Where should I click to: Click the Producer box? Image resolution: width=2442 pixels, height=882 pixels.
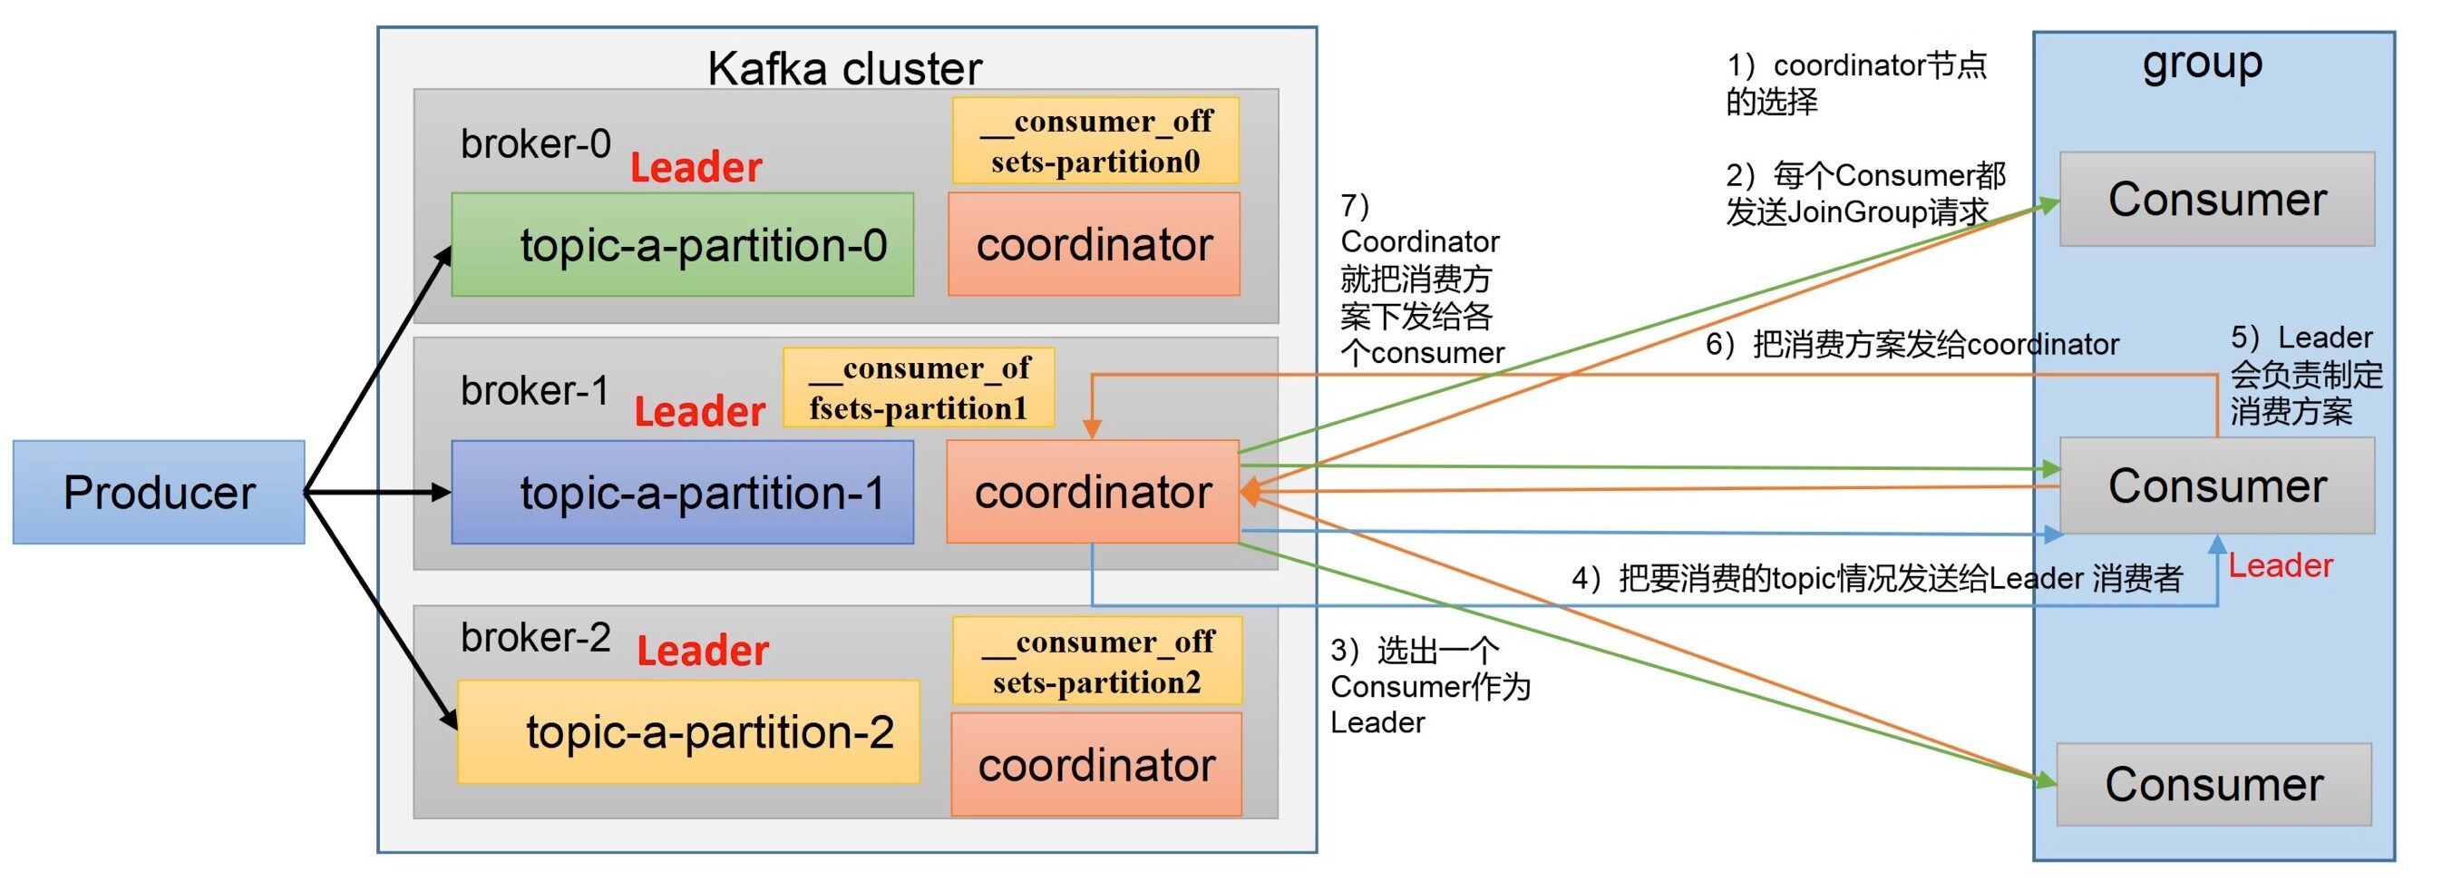pyautogui.click(x=159, y=491)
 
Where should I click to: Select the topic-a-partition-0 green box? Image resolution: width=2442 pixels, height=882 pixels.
pyautogui.click(x=683, y=245)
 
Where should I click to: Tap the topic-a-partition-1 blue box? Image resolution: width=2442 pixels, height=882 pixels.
pyautogui.click(x=683, y=491)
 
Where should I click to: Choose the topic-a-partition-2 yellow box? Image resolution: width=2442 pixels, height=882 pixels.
pyautogui.click(x=688, y=731)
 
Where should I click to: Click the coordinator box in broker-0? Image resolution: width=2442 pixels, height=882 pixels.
pyautogui.click(x=1094, y=244)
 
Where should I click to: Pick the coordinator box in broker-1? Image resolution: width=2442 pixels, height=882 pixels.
pyautogui.click(x=1093, y=491)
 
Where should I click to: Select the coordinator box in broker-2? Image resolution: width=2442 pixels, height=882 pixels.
pyautogui.click(x=1097, y=764)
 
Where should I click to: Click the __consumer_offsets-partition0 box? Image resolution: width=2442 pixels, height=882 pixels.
pyautogui.click(x=1096, y=141)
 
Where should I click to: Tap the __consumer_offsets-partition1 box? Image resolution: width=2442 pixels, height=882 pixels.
pyautogui.click(x=919, y=387)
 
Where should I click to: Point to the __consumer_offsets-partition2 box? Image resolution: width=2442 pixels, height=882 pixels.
pyautogui.click(x=1097, y=661)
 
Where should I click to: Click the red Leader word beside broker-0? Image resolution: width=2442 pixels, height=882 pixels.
pyautogui.click(x=696, y=168)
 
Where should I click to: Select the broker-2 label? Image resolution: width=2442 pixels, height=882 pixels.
pyautogui.click(x=536, y=637)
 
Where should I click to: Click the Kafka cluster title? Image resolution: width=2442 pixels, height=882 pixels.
pyautogui.click(x=844, y=68)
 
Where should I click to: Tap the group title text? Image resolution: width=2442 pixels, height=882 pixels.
pyautogui.click(x=2203, y=64)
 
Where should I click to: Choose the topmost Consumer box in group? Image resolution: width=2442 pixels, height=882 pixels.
pyautogui.click(x=2216, y=199)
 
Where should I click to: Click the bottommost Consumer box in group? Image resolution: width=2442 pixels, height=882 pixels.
pyautogui.click(x=2213, y=784)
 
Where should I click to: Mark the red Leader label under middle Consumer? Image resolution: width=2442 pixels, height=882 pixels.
pyautogui.click(x=2280, y=565)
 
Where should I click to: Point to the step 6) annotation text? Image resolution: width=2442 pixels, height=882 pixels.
pyautogui.click(x=1912, y=344)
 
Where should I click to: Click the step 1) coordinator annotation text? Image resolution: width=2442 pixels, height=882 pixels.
pyautogui.click(x=1855, y=83)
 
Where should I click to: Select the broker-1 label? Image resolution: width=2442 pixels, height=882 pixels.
pyautogui.click(x=535, y=391)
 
